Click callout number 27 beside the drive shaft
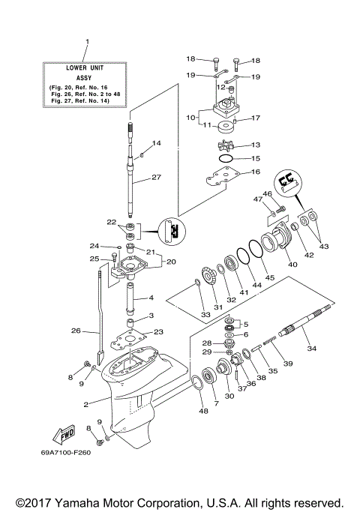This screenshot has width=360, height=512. pos(157,178)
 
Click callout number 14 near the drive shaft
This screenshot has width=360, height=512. pos(157,143)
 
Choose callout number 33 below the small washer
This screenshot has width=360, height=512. pos(205,316)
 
